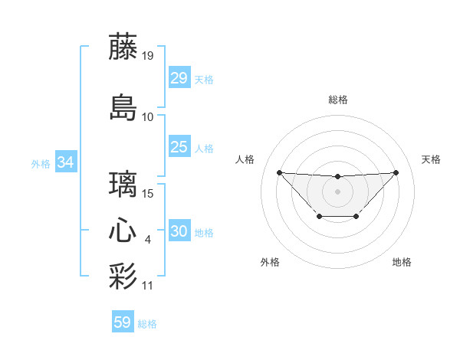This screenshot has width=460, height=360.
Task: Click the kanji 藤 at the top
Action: (x=123, y=47)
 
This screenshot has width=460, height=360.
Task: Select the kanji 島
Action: (x=123, y=107)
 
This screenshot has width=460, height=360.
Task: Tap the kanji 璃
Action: (x=123, y=185)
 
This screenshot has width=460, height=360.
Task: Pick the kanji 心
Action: (x=123, y=231)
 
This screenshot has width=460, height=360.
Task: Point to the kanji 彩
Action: (x=123, y=276)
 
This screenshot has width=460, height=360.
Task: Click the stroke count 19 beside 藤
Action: (x=148, y=56)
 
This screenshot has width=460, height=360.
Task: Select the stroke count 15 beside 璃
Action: (x=148, y=194)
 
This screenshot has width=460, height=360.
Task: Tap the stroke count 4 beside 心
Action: (x=148, y=241)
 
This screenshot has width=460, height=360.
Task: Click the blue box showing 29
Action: (x=179, y=78)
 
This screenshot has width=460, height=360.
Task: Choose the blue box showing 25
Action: (x=179, y=147)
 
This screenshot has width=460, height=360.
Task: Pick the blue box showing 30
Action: (x=179, y=231)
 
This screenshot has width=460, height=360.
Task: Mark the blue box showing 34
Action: (x=66, y=162)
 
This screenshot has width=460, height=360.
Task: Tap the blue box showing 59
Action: (x=122, y=322)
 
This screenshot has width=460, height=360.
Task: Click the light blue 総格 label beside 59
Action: (x=147, y=324)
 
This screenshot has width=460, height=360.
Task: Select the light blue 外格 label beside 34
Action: (x=41, y=164)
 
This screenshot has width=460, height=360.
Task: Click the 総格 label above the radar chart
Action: (x=337, y=100)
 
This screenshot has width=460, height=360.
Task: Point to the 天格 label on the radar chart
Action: (x=431, y=159)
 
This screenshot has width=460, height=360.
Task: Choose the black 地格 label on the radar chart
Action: (x=402, y=262)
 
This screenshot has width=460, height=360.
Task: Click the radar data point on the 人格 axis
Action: (x=279, y=172)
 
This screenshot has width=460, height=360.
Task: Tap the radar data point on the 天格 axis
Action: (x=396, y=172)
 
